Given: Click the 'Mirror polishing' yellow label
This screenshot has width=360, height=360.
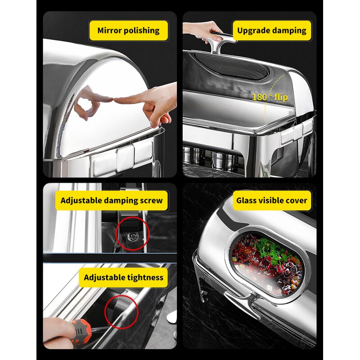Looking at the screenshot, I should coord(128,31).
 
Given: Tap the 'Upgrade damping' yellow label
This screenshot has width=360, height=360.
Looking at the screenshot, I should coord(271,31).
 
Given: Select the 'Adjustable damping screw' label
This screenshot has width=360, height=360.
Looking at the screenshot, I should coord(112,200).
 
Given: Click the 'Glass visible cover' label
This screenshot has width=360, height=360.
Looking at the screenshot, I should coord(271,200).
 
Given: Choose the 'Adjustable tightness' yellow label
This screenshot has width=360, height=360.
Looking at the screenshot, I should coord(123,277).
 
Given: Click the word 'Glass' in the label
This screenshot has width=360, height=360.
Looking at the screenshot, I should coord(247,200).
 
